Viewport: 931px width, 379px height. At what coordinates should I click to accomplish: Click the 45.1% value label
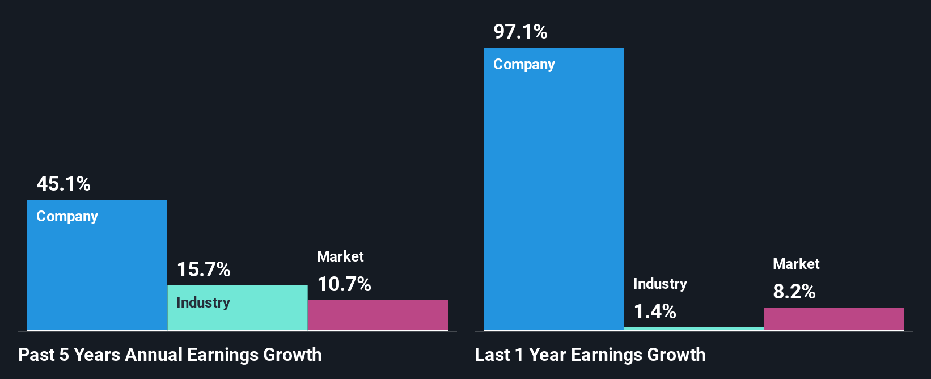[64, 184]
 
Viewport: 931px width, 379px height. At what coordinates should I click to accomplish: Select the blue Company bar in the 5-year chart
[97, 272]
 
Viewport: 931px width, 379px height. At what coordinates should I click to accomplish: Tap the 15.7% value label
[204, 269]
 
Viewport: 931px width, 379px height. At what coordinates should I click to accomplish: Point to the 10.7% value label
[344, 284]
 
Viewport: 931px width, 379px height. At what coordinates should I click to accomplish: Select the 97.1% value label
[520, 32]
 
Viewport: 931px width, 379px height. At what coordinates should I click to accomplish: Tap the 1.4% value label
[655, 311]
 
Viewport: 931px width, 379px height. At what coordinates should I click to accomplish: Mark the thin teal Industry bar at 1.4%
[693, 329]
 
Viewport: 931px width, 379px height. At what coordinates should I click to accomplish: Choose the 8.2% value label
[794, 292]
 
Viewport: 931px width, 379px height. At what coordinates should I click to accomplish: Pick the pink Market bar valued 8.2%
[833, 319]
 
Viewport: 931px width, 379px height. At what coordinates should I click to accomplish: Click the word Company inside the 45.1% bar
[67, 217]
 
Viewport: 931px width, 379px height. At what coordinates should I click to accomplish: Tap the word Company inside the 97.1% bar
[524, 65]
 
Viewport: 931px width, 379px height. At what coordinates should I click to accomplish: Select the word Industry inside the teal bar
[203, 302]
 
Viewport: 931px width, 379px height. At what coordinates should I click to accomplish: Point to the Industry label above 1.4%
[660, 284]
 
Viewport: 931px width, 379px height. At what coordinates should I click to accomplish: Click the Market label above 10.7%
[340, 256]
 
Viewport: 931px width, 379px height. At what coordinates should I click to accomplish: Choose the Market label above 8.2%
[796, 264]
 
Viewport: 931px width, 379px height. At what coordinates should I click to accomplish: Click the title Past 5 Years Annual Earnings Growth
[170, 355]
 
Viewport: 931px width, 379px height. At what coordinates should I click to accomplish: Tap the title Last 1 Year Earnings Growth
[590, 355]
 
